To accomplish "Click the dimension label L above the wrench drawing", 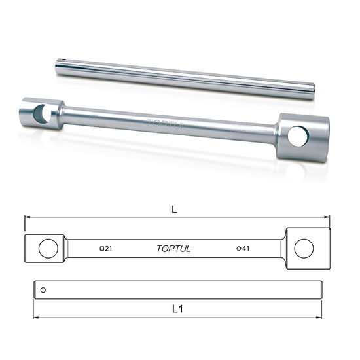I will pos(175,209).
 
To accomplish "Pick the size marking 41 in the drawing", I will pos(245,248).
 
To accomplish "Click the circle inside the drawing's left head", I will pos(47,248).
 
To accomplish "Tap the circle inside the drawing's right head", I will pos(303,248).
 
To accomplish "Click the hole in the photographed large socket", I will pos(298,137).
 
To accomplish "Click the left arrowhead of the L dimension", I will pos(27,217).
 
